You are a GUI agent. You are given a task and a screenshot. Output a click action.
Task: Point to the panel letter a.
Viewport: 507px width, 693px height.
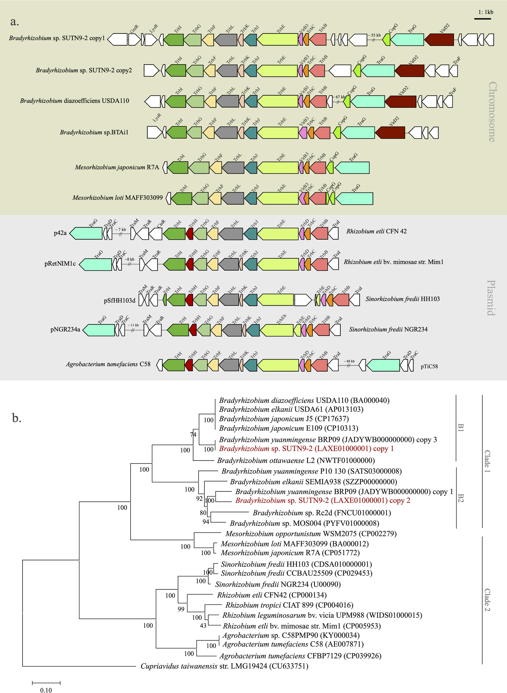[14, 22]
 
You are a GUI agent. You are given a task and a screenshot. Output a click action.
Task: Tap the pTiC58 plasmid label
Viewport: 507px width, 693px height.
[429, 366]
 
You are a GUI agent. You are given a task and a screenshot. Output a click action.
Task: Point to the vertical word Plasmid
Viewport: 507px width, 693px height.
[491, 297]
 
